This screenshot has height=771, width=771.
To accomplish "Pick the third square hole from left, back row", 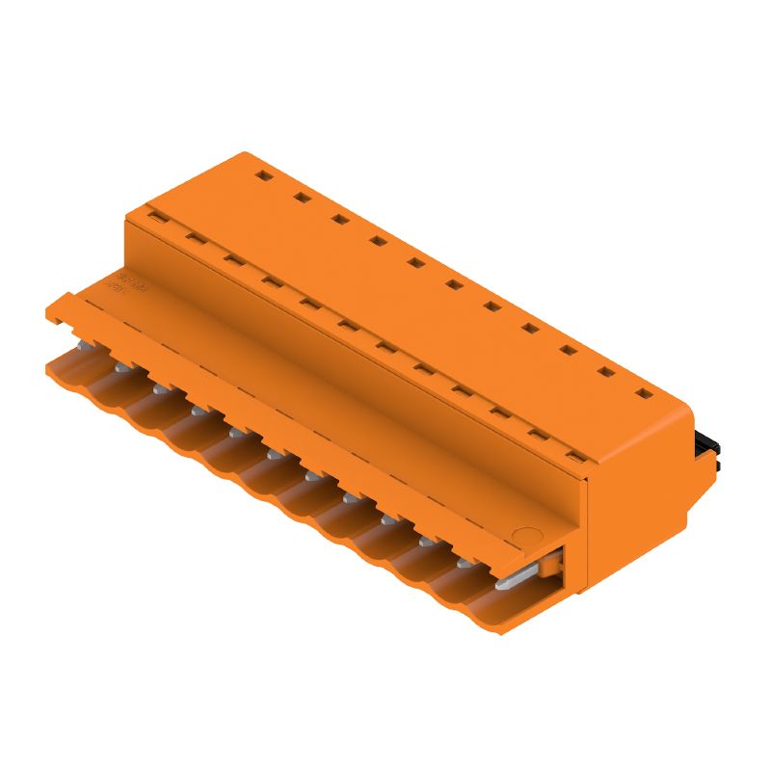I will (339, 219).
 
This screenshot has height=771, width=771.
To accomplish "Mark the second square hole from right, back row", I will (605, 371).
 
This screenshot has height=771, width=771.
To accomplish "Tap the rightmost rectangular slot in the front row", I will (576, 456).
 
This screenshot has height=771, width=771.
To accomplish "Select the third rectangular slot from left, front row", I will (232, 258).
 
